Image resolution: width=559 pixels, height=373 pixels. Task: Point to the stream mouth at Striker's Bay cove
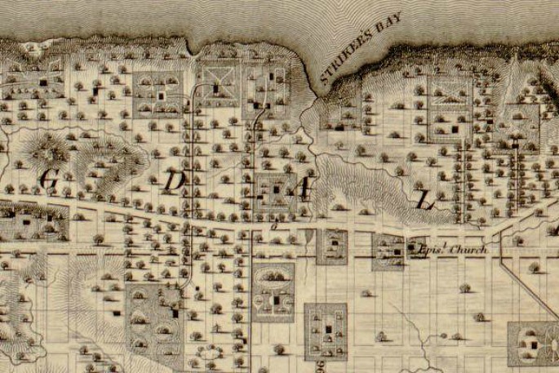pyautogui.click(x=313, y=98)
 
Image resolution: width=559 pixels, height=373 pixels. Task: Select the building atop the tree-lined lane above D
pyautogui.click(x=215, y=87)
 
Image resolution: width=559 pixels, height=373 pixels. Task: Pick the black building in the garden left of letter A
pyautogui.click(x=276, y=189)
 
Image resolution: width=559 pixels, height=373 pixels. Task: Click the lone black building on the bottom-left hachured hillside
pyautogui.click(x=115, y=313)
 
